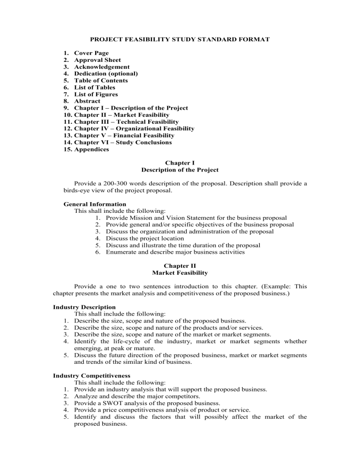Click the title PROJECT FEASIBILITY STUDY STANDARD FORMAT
point(180,39)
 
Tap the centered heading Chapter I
point(180,163)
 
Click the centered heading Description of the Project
point(180,170)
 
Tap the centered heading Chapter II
point(180,266)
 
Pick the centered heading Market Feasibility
point(180,272)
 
